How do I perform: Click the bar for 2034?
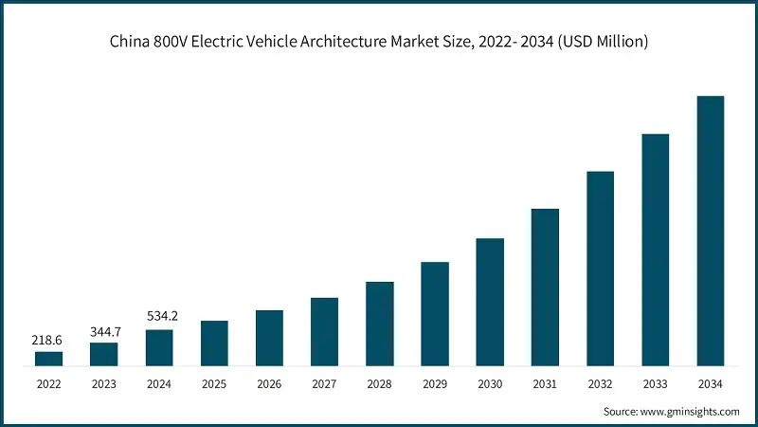[x=711, y=231]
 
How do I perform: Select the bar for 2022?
[x=49, y=359]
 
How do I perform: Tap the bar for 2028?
[x=380, y=324]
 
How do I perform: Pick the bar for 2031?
[x=545, y=287]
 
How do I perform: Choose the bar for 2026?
[x=269, y=338]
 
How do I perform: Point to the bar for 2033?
[x=656, y=250]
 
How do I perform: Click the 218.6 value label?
[x=49, y=339]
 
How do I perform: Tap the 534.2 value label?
[x=159, y=316]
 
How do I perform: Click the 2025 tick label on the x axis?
[x=214, y=384]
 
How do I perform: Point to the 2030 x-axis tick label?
[x=490, y=384]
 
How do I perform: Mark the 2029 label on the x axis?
[x=435, y=384]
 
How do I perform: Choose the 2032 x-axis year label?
[x=600, y=384]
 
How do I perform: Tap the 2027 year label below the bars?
[x=324, y=384]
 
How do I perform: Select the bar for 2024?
[x=159, y=347]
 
